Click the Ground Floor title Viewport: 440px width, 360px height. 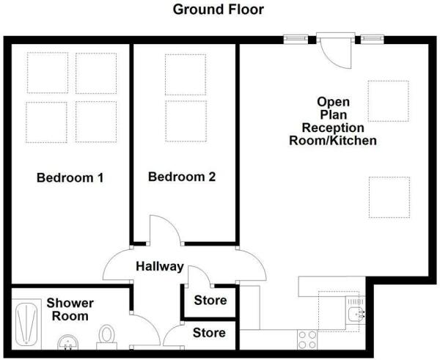pos(218,10)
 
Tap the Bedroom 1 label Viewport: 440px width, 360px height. pos(70,177)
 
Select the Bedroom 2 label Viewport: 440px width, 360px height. pos(182,177)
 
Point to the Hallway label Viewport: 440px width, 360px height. pos(160,266)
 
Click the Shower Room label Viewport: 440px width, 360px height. pos(70,309)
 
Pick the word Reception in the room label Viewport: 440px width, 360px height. pos(333,128)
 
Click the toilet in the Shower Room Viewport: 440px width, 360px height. pos(106,337)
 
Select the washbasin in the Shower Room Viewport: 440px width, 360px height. pos(68,342)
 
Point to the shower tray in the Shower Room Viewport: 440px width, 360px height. pos(26,324)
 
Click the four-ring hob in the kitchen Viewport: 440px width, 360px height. pos(307,339)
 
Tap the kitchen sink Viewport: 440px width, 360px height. pos(356,310)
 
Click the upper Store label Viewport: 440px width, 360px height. pos(210,300)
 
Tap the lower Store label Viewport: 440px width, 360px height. pos(209,333)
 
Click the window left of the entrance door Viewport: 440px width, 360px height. pos(296,39)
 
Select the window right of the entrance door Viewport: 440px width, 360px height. pos(372,39)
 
